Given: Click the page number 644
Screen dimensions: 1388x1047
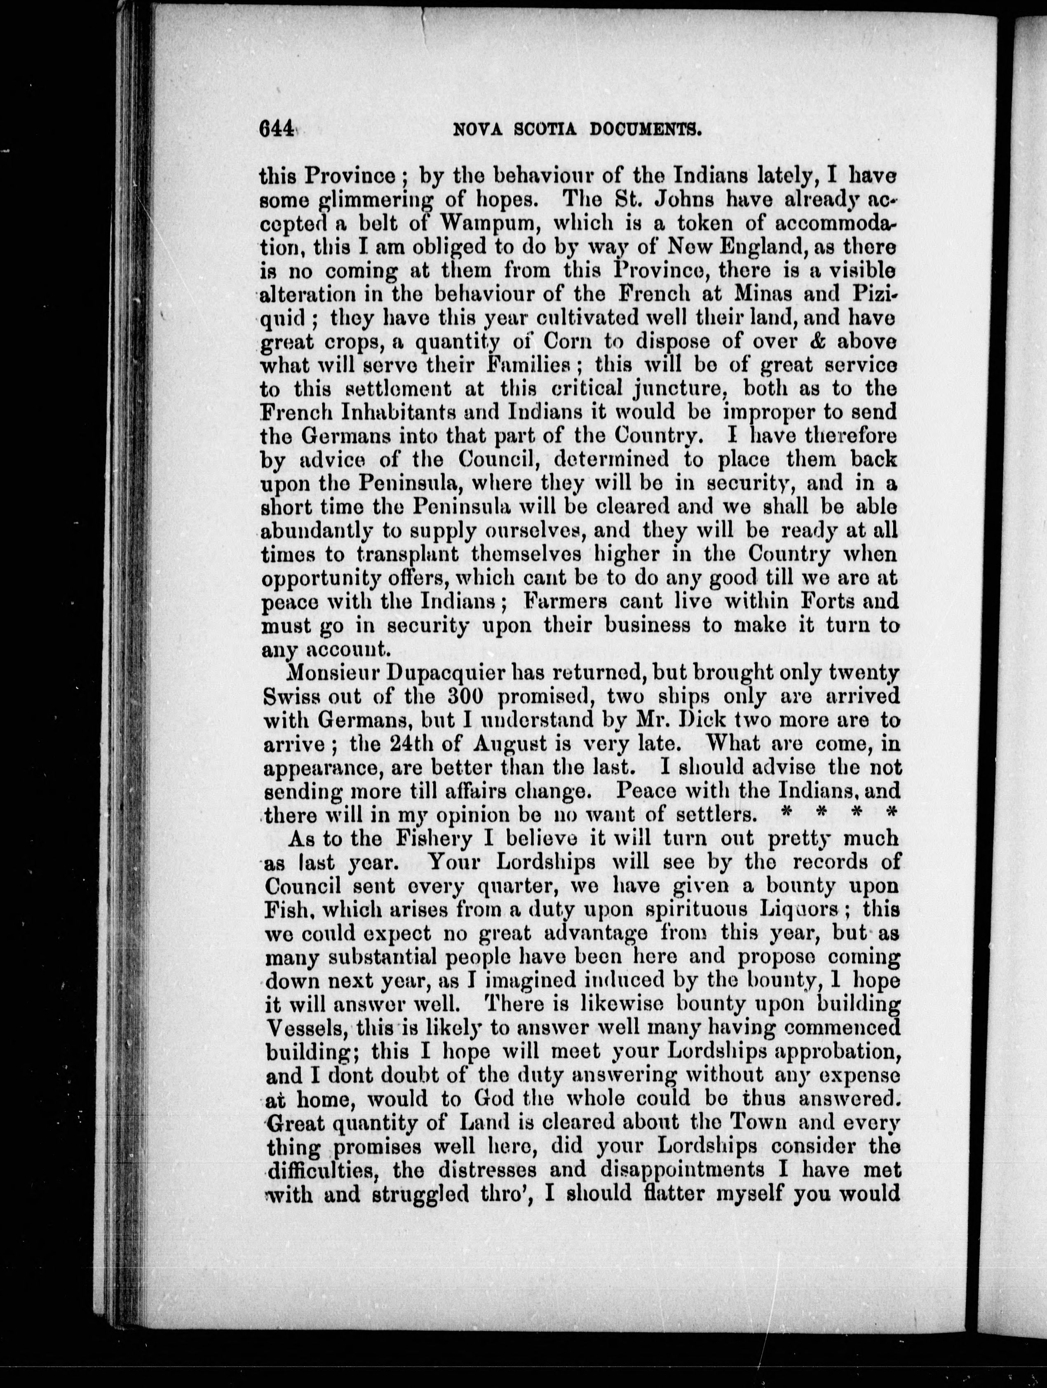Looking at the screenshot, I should click(276, 129).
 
